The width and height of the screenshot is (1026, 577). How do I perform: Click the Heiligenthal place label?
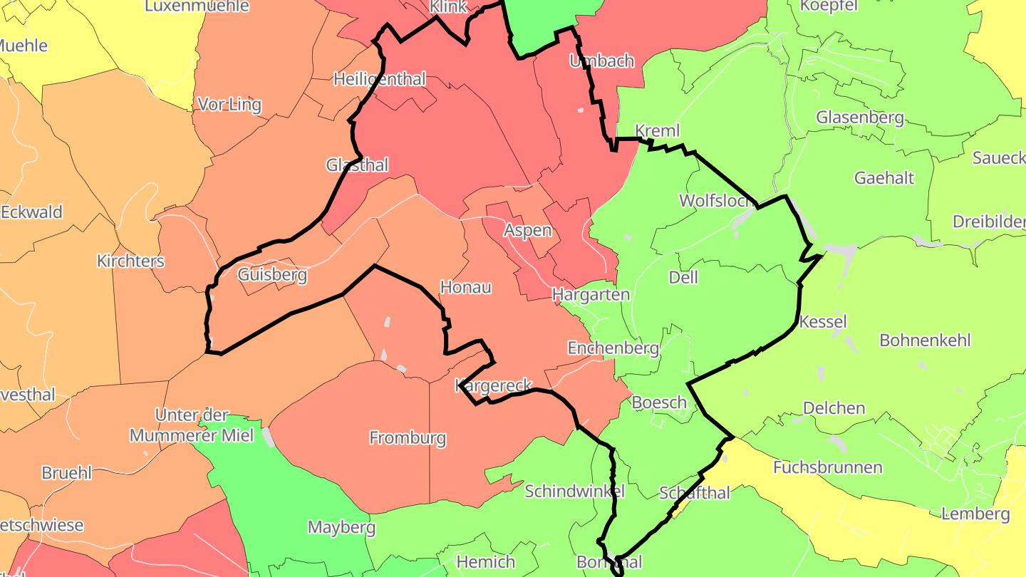[380, 79]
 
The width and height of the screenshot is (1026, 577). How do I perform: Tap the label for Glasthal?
[357, 165]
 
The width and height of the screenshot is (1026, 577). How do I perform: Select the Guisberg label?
[272, 275]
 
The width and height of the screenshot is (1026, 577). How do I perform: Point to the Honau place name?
[466, 287]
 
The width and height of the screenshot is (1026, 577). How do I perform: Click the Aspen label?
[528, 230]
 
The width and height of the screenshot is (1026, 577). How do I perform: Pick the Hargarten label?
[591, 294]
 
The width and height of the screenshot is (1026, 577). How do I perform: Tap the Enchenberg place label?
[613, 348]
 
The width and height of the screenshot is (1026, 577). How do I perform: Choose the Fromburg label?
[408, 437]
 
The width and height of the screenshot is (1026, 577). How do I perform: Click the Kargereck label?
[493, 385]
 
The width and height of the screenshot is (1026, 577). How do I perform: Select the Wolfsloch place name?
[717, 200]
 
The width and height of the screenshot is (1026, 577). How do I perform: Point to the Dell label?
[683, 277]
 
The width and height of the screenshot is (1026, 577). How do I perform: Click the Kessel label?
[823, 321]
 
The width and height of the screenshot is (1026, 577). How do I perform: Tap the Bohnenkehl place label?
[926, 340]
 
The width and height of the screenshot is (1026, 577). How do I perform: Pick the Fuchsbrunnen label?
[828, 467]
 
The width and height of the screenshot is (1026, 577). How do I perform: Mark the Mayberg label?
[341, 527]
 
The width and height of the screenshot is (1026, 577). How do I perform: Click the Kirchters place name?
[130, 261]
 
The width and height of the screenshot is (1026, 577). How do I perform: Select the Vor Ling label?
[229, 105]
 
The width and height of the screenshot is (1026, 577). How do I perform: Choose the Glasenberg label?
[860, 117]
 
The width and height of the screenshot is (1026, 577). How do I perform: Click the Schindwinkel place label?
[574, 491]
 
